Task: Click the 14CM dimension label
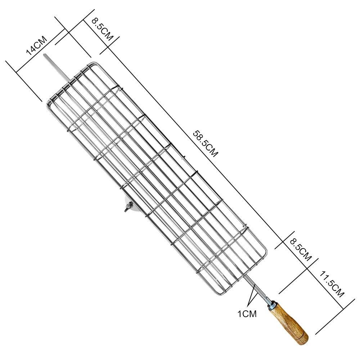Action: [36, 46]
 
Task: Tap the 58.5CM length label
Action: [205, 144]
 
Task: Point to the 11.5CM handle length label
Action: [332, 284]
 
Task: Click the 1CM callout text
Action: [247, 314]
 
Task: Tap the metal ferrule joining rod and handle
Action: [271, 303]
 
